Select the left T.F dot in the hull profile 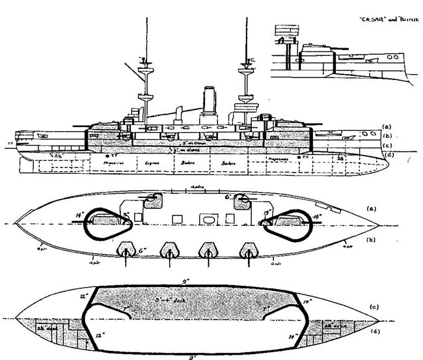(x=108, y=157)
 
